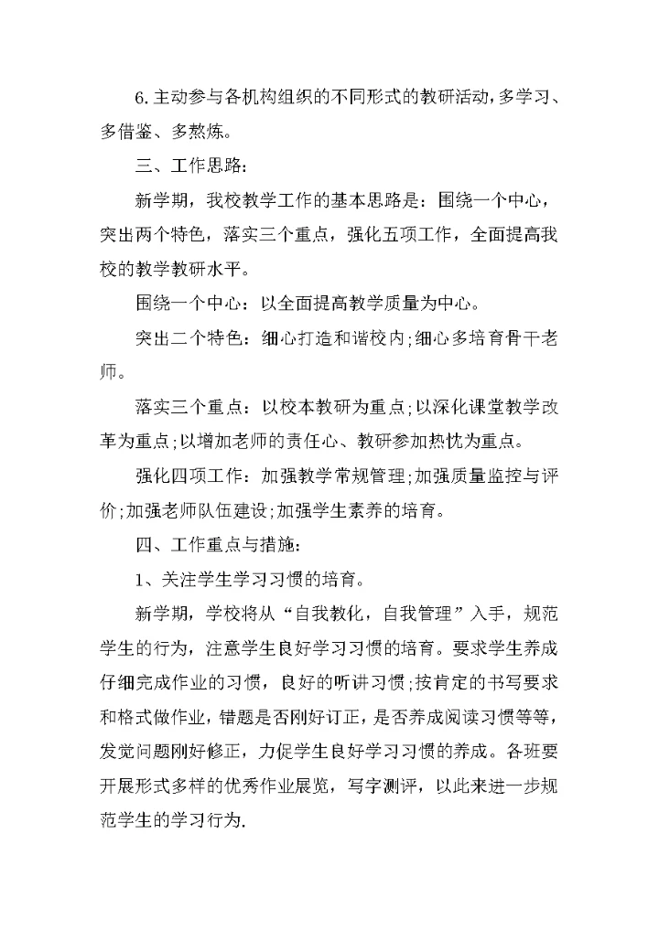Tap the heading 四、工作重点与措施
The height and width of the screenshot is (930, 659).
pos(217,544)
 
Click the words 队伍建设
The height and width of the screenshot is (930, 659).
pos(233,510)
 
